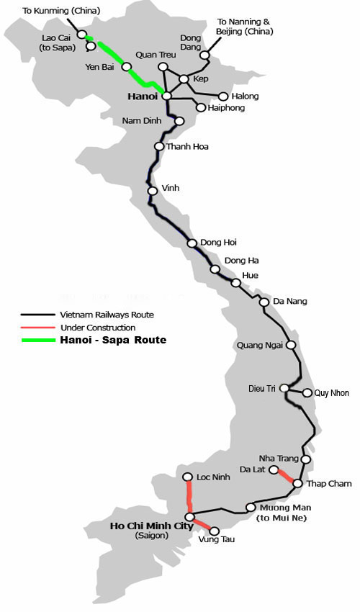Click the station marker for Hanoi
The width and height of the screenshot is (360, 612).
(x=166, y=95)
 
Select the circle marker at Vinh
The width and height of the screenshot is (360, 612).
(x=153, y=191)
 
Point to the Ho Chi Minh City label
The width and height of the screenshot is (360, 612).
(x=151, y=526)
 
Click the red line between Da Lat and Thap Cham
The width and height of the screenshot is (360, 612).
(x=285, y=477)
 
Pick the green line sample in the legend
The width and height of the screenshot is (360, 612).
(x=37, y=340)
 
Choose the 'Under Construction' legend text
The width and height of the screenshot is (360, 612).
(x=98, y=328)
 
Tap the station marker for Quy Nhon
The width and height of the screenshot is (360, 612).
(x=307, y=393)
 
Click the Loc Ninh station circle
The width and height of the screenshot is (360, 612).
(x=188, y=477)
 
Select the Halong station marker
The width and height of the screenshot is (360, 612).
(x=223, y=96)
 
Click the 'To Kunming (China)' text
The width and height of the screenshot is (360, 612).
(x=62, y=11)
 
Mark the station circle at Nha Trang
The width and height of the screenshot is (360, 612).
(x=306, y=459)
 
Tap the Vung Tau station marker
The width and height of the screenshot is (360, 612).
(x=214, y=531)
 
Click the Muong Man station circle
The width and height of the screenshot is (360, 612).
(x=251, y=507)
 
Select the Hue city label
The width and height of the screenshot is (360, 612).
(x=251, y=275)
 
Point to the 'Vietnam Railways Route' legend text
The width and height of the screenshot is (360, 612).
(x=107, y=315)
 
